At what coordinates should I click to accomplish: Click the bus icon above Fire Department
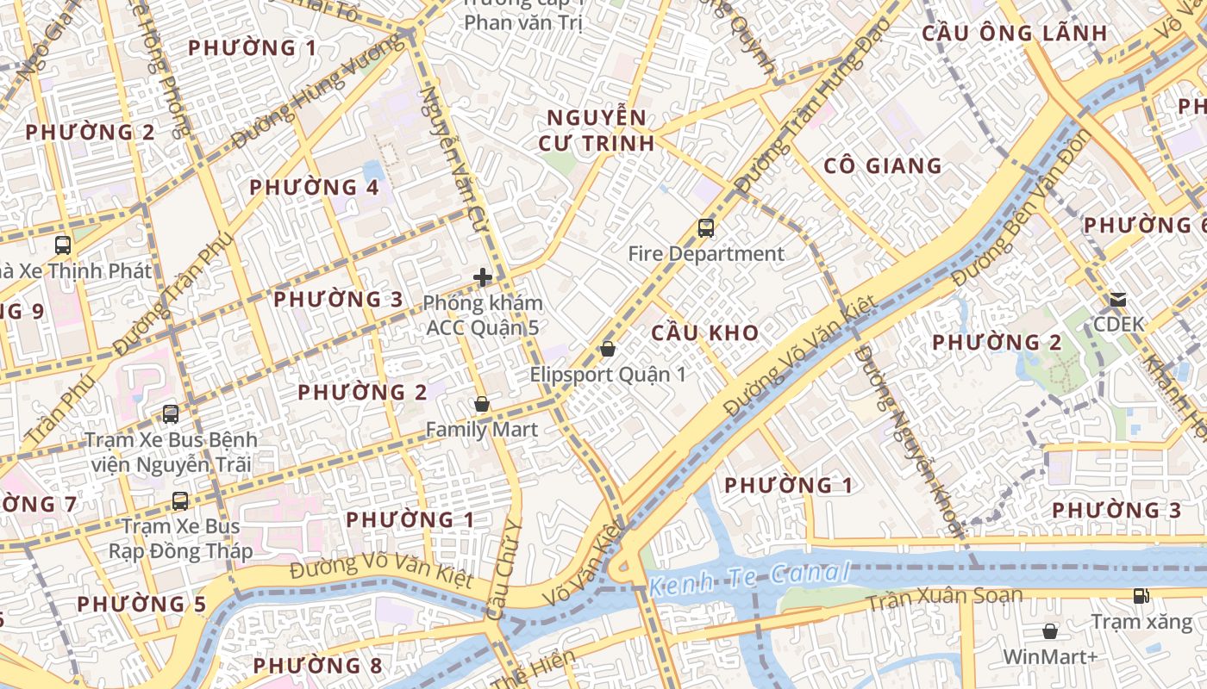coord(706,228)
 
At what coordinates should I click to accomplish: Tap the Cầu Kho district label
coord(705,332)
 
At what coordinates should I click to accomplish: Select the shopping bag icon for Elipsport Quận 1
coord(608,349)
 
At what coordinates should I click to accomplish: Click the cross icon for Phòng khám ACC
coord(483,277)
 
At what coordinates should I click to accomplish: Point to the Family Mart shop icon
coord(482,404)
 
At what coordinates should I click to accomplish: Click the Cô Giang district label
coord(883,166)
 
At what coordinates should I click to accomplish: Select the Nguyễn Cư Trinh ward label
coord(597,130)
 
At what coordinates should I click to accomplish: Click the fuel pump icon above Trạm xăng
coord(1141,596)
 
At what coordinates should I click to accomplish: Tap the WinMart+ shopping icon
coord(1050,631)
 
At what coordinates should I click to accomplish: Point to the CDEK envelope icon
coord(1117,300)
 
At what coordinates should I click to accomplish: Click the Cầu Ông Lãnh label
coord(1015,34)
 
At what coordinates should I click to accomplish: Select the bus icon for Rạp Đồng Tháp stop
coord(180,500)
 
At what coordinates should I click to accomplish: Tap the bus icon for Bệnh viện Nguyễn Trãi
coord(171,414)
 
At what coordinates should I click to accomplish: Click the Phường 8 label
coord(317,665)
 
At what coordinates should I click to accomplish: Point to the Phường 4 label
coord(314,187)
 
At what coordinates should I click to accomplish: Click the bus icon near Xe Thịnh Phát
coord(63,245)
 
